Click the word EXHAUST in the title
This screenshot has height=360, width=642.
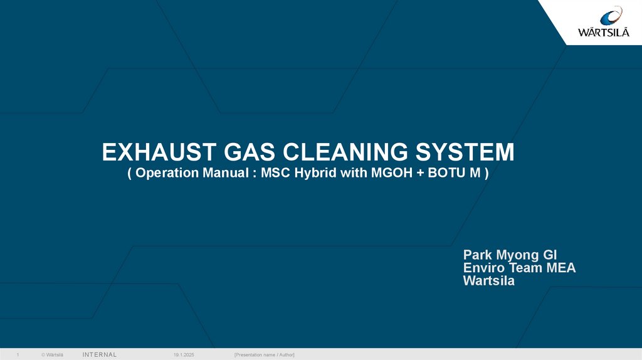point(159,152)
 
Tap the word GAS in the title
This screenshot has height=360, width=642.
point(250,152)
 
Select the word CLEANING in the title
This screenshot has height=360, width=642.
point(345,152)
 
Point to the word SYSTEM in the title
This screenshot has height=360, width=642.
point(465,152)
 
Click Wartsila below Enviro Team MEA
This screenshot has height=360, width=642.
point(489,281)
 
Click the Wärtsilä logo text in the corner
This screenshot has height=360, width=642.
point(604,32)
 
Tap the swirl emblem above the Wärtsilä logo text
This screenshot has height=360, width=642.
point(611,16)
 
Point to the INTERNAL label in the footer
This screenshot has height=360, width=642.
point(100,355)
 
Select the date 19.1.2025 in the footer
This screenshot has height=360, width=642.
point(184,355)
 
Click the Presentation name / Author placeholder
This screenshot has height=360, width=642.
point(265,355)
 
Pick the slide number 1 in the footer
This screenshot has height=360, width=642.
point(18,355)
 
